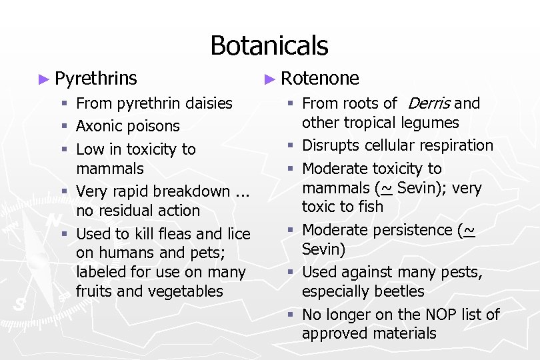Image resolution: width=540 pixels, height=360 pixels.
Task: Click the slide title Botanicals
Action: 269,45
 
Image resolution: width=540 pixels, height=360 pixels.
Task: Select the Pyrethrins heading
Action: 96,79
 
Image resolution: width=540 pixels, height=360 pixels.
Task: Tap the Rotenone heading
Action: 320,79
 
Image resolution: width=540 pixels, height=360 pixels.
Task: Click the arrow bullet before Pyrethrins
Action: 45,79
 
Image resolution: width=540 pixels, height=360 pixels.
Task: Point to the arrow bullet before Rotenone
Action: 269,79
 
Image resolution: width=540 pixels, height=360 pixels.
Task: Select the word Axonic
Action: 98,126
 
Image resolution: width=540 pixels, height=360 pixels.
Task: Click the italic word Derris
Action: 429,103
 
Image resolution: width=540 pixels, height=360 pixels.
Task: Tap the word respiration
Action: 453,145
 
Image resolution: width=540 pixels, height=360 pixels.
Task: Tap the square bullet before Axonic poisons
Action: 64,126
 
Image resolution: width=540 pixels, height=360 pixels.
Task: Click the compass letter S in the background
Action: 19,304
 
